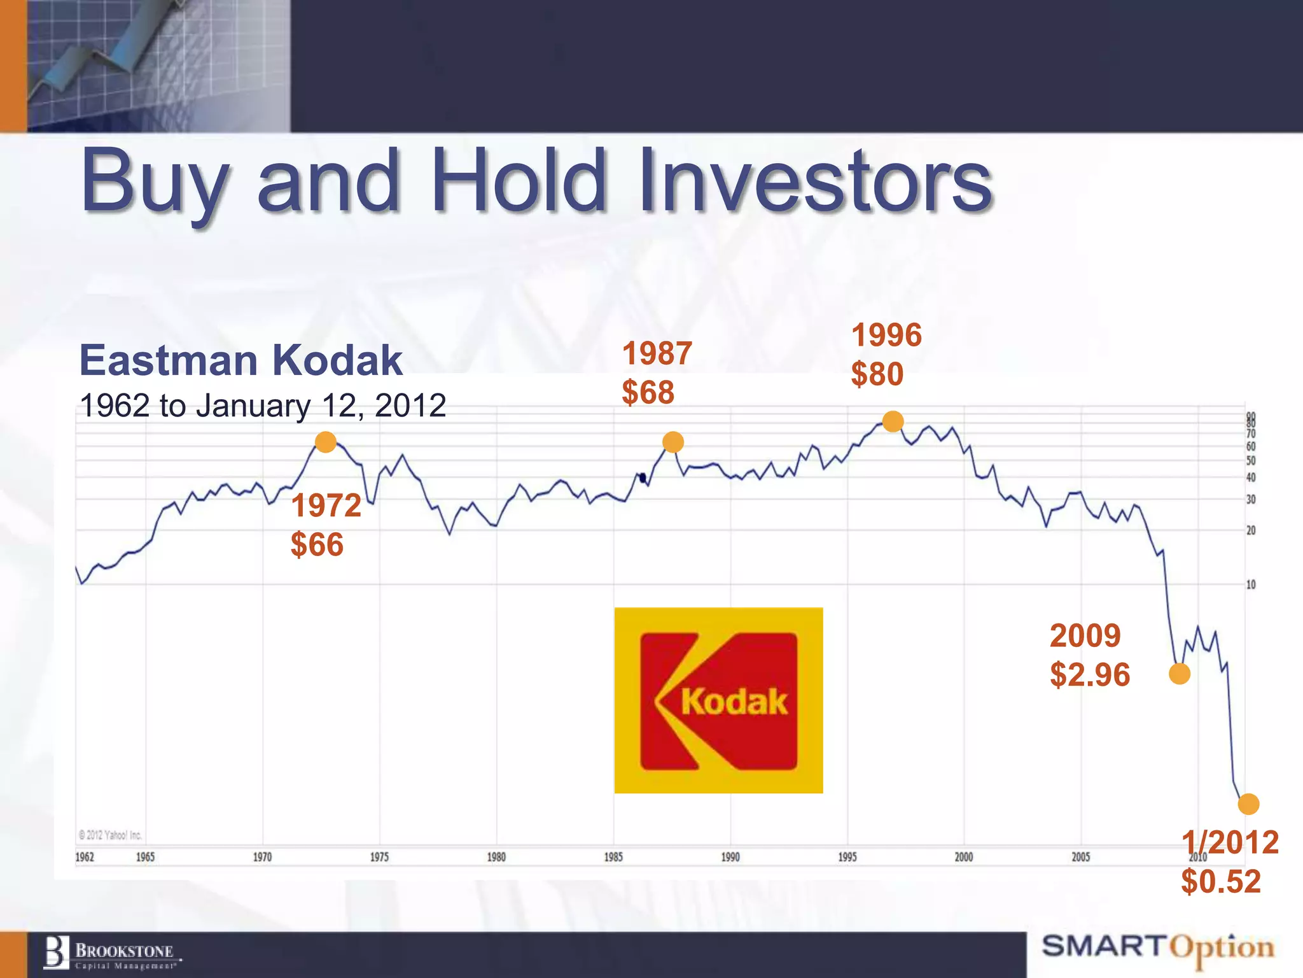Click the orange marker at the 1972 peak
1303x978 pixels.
click(326, 442)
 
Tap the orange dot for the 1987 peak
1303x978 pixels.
click(673, 442)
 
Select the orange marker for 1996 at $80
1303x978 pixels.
click(893, 422)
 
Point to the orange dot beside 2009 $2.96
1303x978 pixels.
click(1180, 674)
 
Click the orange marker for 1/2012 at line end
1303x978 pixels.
click(1248, 804)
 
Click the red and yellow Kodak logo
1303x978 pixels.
click(718, 700)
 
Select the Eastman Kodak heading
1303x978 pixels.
click(240, 360)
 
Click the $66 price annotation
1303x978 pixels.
click(317, 545)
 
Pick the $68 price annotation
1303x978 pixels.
click(648, 392)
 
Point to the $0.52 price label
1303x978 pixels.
click(1220, 882)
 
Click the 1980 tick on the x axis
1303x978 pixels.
click(496, 857)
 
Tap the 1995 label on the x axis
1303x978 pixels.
click(847, 857)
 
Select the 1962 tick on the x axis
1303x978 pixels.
click(85, 857)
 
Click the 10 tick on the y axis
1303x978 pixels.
click(1251, 585)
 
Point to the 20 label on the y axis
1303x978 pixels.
click(1251, 530)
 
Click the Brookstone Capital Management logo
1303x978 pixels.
click(111, 954)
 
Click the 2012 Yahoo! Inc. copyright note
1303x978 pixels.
click(110, 835)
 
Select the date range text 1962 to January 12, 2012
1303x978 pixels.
click(263, 406)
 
